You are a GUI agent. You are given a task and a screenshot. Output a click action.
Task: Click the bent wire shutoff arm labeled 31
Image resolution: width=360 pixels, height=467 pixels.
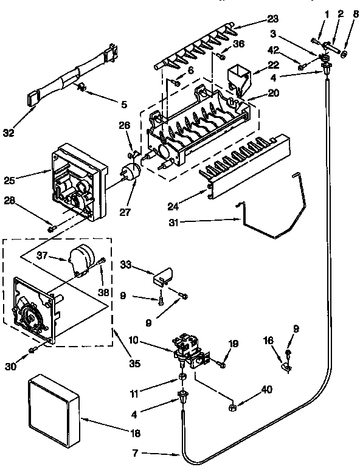[268, 213]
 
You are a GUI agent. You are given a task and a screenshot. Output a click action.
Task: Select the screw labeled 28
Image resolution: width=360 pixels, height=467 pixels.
[51, 229]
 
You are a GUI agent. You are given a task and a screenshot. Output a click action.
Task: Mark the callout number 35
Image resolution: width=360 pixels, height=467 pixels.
[134, 364]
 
